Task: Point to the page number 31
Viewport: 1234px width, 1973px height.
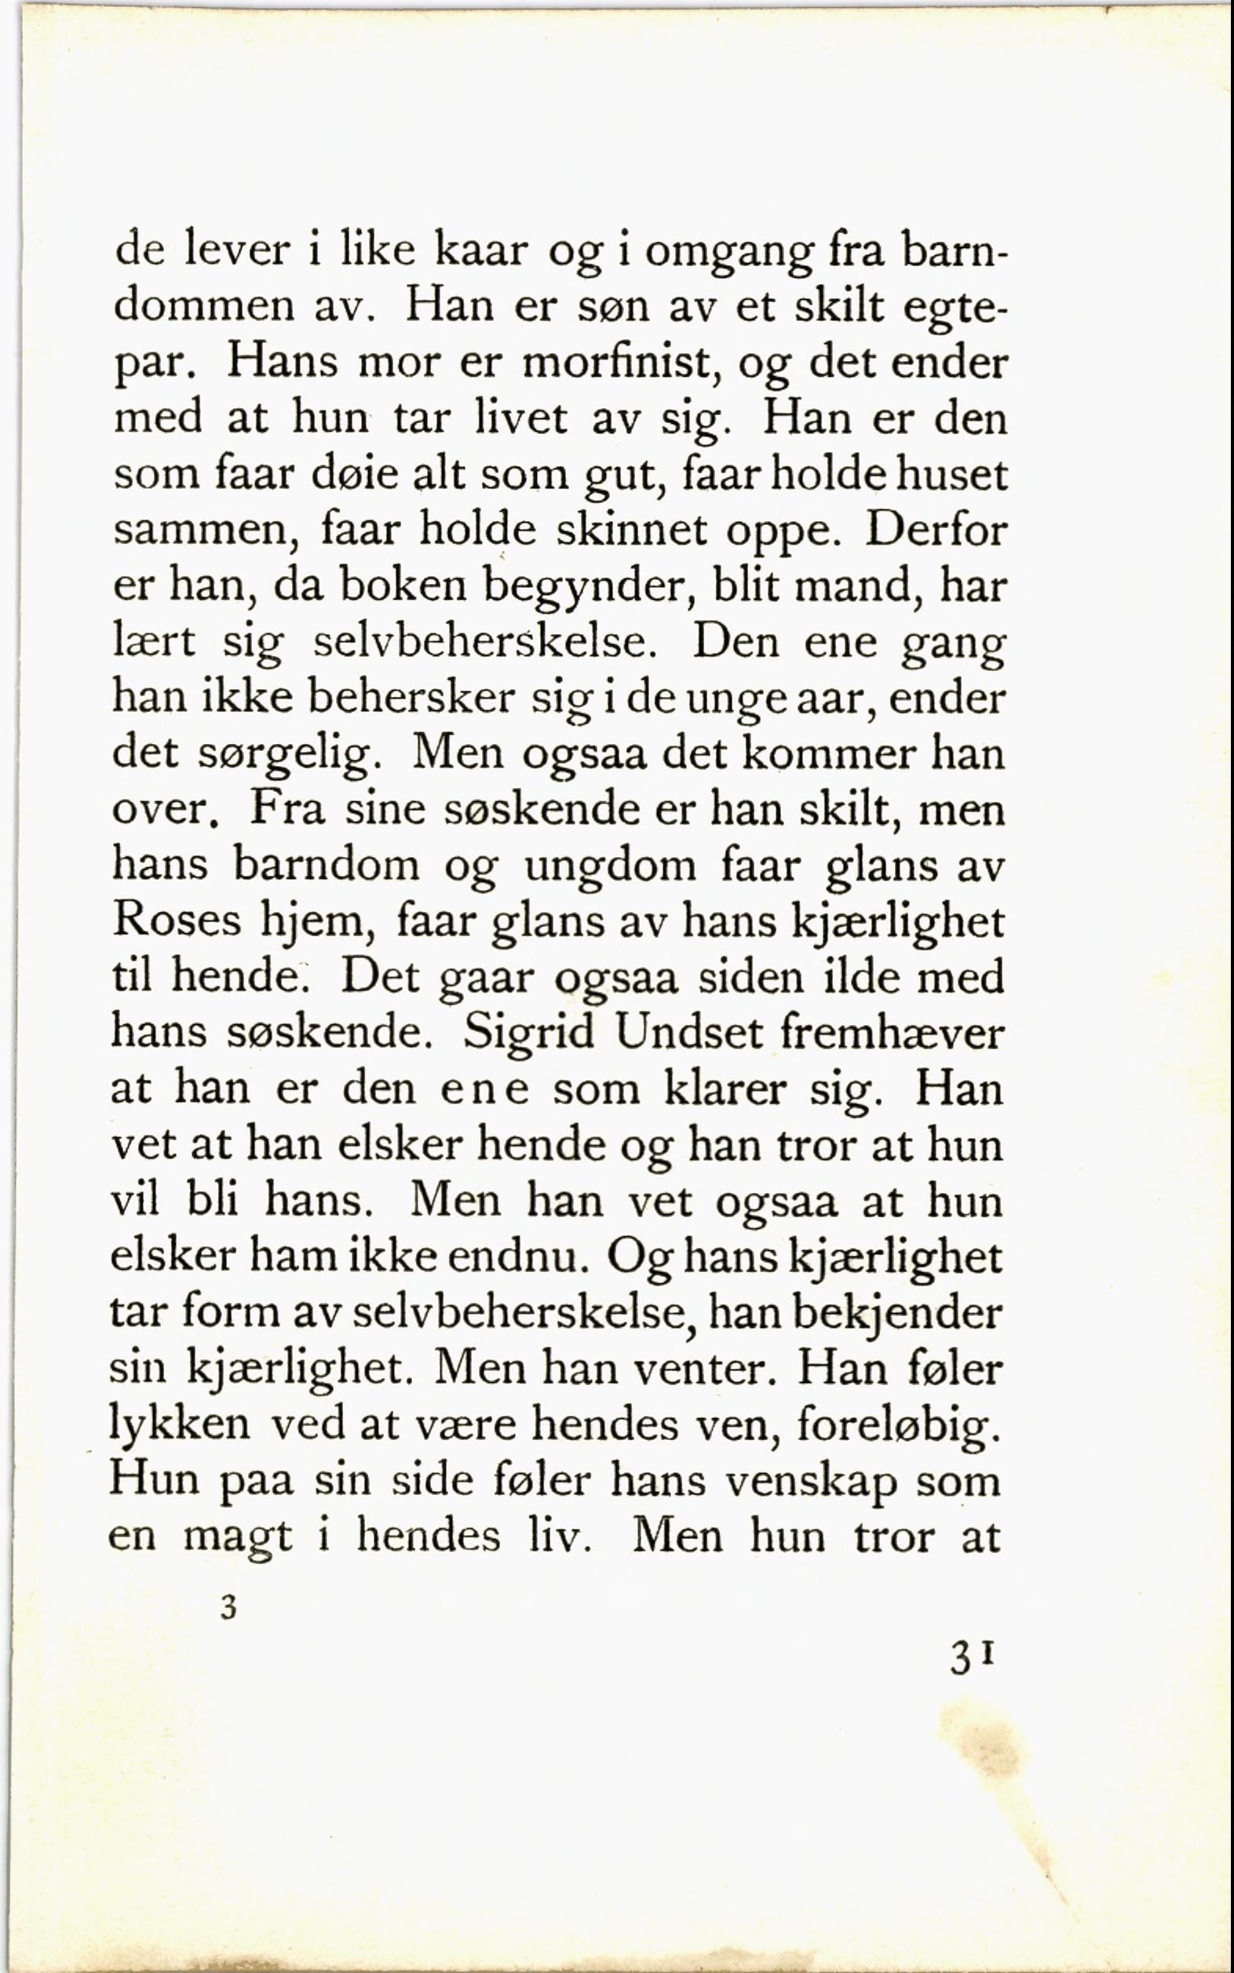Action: pyautogui.click(x=971, y=1659)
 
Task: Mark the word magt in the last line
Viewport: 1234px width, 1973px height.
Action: pyautogui.click(x=237, y=1539)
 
